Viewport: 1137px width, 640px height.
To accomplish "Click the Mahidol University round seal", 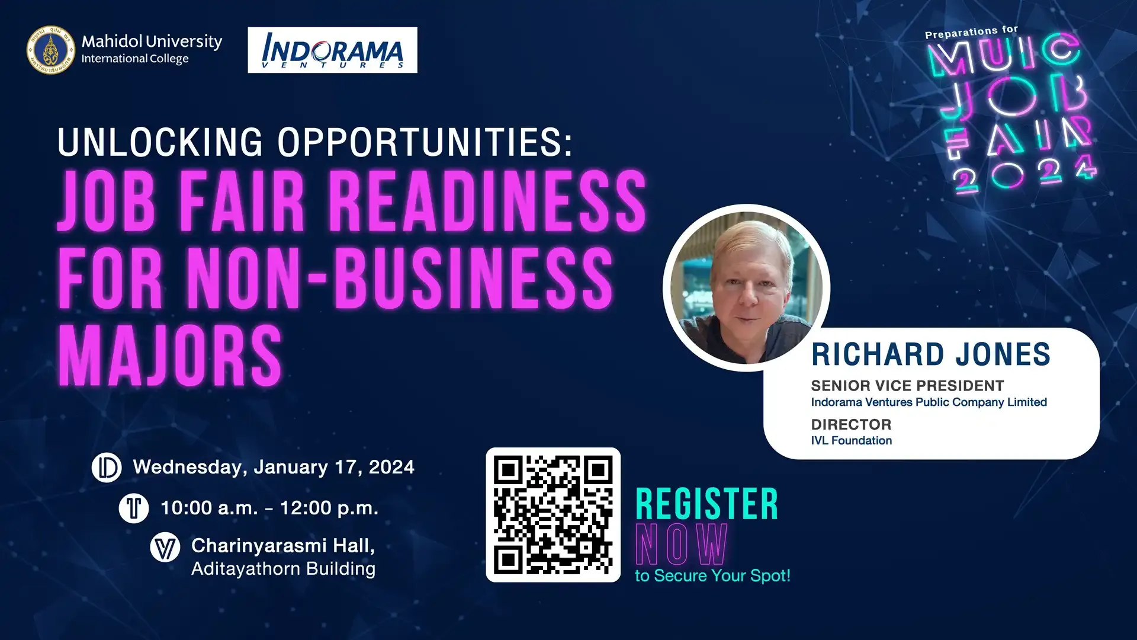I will coord(52,50).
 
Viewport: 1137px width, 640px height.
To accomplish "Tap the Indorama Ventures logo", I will coord(332,50).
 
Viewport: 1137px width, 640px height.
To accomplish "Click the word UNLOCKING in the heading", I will coord(160,142).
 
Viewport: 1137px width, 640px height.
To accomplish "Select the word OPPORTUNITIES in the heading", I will coord(425,142).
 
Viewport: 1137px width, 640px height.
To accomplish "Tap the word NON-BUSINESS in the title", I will coord(400,279).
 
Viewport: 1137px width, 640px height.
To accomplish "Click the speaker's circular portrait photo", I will coord(746,288).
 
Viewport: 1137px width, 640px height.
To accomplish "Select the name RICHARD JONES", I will coord(930,354).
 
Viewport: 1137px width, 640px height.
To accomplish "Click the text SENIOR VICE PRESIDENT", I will coord(907,386).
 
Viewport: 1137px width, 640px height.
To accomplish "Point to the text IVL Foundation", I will coord(851,440).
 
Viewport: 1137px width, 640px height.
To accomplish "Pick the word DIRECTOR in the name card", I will coord(851,424).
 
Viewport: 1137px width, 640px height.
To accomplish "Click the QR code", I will coord(553,514).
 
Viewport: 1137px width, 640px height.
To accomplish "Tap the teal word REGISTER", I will coord(706,505).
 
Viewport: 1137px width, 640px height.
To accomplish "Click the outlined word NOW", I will coord(681,545).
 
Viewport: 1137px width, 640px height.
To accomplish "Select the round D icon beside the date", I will coord(107,467).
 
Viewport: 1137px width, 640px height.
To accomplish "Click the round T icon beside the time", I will coord(134,508).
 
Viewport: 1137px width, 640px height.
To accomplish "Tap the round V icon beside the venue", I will coord(165,547).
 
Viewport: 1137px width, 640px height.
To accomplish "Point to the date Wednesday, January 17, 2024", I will coord(274,467).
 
